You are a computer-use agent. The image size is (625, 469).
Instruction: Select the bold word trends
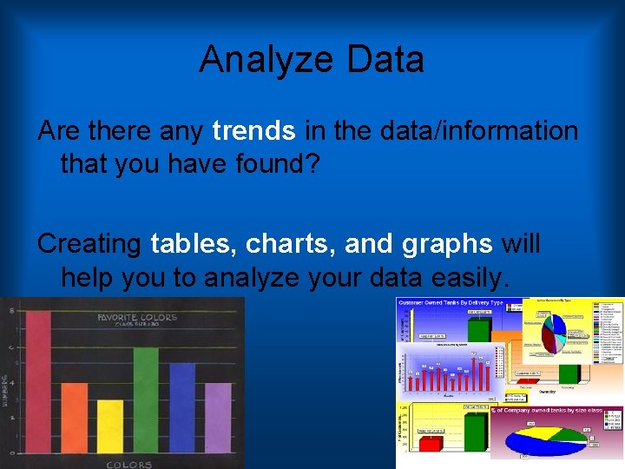(253, 131)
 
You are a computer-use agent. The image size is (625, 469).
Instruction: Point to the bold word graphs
(447, 244)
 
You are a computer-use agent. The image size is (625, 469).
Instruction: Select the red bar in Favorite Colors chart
(37, 382)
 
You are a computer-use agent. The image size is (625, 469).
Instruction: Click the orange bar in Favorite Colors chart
(74, 417)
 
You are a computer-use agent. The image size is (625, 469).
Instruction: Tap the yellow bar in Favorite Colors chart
(109, 426)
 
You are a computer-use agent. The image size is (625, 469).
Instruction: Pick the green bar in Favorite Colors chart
(145, 400)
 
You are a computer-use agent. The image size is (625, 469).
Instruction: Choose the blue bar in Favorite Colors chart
(181, 407)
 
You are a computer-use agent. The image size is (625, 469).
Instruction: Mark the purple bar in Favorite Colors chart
(217, 417)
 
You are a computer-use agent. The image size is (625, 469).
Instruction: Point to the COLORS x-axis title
(128, 464)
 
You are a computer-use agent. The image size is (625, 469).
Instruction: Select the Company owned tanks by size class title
(556, 410)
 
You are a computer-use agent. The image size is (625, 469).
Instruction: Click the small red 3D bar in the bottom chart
(431, 444)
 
